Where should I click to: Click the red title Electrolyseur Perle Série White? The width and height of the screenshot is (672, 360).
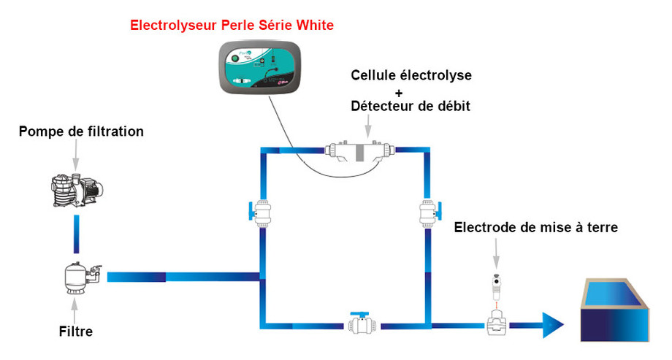tap(232, 26)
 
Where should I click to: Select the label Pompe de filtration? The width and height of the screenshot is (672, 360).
tap(80, 132)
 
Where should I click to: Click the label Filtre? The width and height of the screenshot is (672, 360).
tap(76, 332)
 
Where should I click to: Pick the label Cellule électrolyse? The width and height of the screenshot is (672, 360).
tap(411, 74)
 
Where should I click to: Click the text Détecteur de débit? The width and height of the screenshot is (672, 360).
tap(411, 107)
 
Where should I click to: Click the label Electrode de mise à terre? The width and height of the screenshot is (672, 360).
tap(535, 228)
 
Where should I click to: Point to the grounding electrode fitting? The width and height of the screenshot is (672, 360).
tap(497, 307)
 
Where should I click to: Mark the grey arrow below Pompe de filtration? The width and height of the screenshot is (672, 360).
tap(76, 153)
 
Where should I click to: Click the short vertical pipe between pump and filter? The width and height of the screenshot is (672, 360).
tap(76, 236)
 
